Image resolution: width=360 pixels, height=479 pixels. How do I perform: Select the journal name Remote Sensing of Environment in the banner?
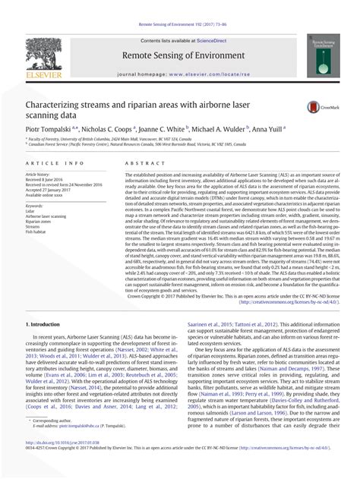point(180,55)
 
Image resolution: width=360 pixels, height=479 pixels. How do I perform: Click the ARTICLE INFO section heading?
point(52,164)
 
